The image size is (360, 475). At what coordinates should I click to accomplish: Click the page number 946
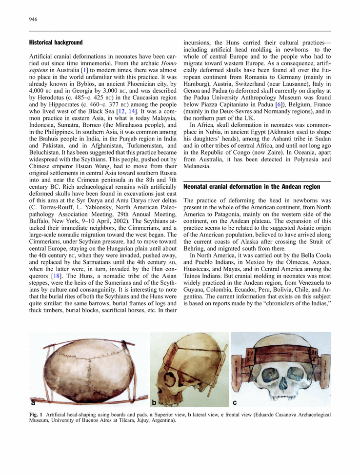pyautogui.click(x=34, y=20)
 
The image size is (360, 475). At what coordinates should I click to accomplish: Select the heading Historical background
pyautogui.click(x=56, y=43)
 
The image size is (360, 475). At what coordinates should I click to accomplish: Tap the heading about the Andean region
pyautogui.click(x=252, y=187)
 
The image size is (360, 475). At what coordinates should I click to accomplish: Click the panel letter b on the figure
pyautogui.click(x=154, y=403)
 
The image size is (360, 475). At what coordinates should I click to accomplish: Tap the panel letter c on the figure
pyautogui.click(x=235, y=403)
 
